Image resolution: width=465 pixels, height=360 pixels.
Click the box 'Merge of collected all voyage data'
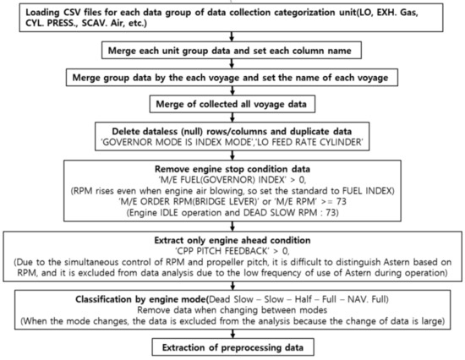[x=232, y=103]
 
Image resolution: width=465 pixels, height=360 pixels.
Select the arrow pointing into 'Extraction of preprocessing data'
[x=232, y=335]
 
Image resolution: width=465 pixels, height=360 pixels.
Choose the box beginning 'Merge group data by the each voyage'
[x=232, y=78]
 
